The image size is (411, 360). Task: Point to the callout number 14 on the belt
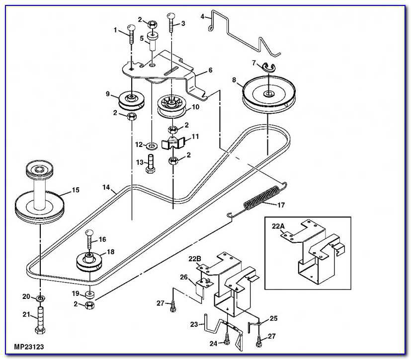(106, 188)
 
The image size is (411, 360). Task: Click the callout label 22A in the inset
(279, 226)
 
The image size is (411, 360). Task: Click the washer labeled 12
(151, 145)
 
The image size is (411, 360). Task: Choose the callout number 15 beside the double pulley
(75, 190)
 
